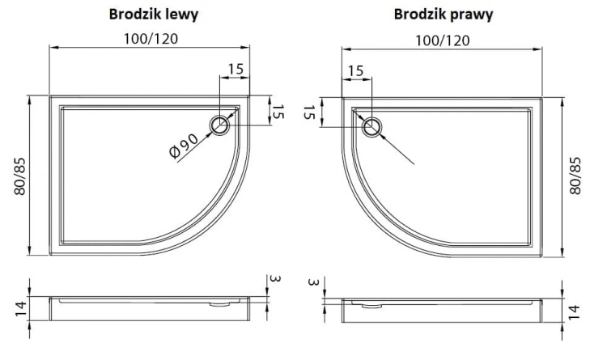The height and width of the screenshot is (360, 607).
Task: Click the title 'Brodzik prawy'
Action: point(444,14)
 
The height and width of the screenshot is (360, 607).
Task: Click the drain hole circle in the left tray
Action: point(221,125)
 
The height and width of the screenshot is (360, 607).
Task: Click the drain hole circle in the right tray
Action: point(372,126)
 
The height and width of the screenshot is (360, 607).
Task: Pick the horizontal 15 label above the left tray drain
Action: point(236,70)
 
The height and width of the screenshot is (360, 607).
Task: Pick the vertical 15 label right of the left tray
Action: point(277,112)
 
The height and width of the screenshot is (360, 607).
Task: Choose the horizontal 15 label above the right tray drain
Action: point(355,71)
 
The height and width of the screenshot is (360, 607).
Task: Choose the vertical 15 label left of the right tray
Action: point(308,112)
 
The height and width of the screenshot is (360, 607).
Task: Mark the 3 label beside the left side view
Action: point(275,279)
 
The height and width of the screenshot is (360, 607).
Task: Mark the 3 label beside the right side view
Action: point(312,282)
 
